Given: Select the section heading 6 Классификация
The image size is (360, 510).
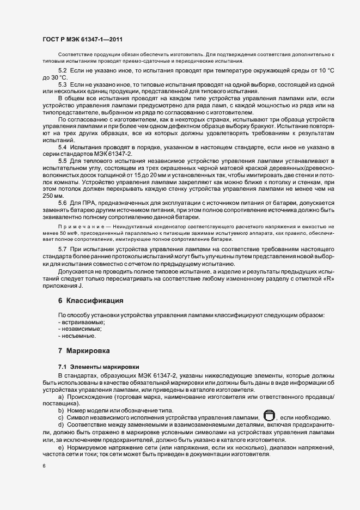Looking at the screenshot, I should [x=91, y=300].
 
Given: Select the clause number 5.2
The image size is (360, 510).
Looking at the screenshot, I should [x=62, y=71].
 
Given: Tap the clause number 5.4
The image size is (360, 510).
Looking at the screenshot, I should [x=62, y=148].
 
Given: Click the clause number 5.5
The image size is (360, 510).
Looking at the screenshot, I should [x=62, y=161].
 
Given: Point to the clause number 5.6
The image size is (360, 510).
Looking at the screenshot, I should [x=62, y=203].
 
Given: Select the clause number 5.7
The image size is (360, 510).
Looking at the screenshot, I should [x=62, y=248].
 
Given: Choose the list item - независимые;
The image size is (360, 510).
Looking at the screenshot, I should [x=80, y=329].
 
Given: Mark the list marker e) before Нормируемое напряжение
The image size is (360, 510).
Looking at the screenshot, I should [x=60, y=447].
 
